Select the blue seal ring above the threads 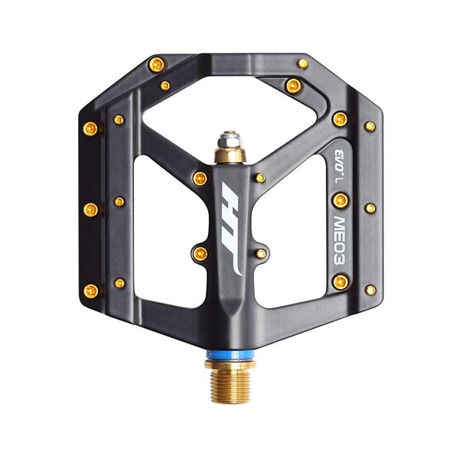[x=230, y=355]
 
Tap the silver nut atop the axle [x=230, y=139]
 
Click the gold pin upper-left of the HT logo [x=200, y=178]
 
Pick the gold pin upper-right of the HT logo [x=260, y=178]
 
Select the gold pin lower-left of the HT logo [x=201, y=253]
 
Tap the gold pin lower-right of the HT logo [x=261, y=253]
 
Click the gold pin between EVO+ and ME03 [x=340, y=200]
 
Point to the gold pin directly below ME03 [x=340, y=282]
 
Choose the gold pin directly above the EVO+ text [x=340, y=119]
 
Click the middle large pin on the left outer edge [x=90, y=209]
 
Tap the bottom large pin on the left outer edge [x=90, y=290]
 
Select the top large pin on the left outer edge [x=90, y=129]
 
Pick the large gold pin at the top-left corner [x=156, y=65]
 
